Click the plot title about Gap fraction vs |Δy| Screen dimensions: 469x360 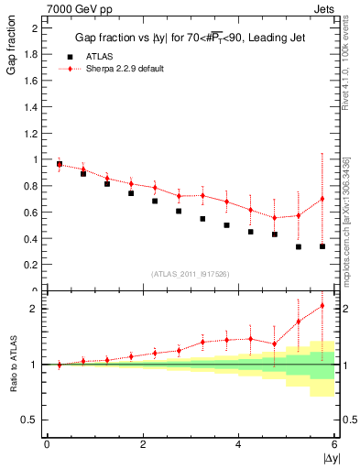pyautogui.click(x=190, y=38)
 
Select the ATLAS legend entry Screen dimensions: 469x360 pyautogui.click(x=100, y=57)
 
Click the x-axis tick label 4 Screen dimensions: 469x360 pyautogui.click(x=238, y=444)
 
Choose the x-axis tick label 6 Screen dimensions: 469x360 pyautogui.click(x=334, y=444)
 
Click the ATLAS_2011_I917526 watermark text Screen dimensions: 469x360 pyautogui.click(x=190, y=275)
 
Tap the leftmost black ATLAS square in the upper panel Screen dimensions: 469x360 pyautogui.click(x=60, y=165)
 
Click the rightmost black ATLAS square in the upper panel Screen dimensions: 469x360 pyautogui.click(x=322, y=246)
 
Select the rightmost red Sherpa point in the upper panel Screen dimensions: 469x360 pyautogui.click(x=322, y=199)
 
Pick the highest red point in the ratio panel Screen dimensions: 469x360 pyautogui.click(x=322, y=306)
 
